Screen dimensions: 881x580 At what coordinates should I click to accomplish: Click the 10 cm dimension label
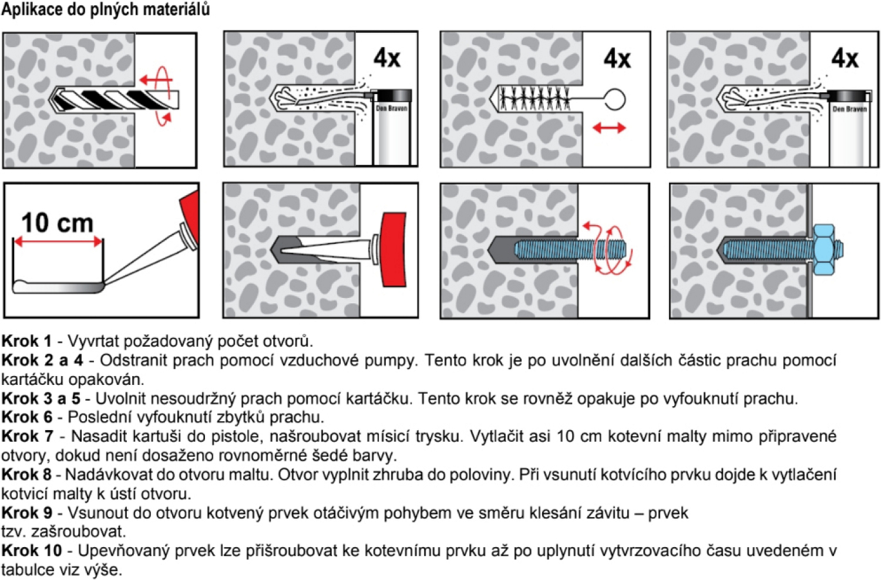point(57,223)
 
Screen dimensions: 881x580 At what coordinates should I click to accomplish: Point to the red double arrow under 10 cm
point(58,242)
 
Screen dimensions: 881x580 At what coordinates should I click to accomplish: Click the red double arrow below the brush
point(609,128)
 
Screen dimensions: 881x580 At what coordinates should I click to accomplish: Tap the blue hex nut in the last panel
point(825,249)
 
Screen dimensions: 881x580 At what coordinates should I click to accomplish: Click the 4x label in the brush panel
point(617,59)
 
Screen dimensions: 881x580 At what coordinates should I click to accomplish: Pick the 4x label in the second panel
point(386,59)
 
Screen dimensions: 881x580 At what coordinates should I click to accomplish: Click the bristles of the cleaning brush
point(534,98)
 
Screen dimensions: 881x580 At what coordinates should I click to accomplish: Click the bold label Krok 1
point(26,341)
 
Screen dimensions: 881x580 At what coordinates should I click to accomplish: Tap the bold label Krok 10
point(32,551)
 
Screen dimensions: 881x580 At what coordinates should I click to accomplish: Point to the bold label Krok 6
point(27,417)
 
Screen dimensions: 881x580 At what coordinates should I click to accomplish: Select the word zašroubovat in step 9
point(78,532)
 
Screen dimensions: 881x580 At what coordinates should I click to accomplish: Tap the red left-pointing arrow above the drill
point(152,80)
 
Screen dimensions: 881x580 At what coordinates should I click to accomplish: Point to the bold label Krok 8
point(26,475)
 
